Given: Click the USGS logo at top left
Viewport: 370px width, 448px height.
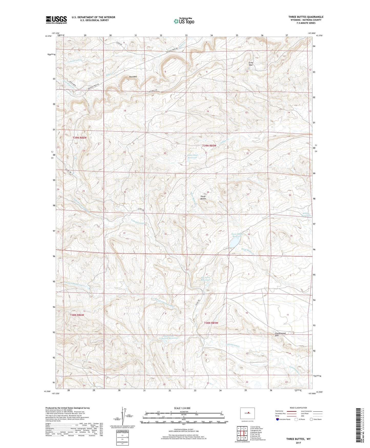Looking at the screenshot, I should [56, 20].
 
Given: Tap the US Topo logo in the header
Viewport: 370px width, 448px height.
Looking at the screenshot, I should [184, 21].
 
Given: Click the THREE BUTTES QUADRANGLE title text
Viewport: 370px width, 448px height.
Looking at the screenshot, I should [306, 17].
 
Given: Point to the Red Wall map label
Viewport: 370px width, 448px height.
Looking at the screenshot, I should [133, 77].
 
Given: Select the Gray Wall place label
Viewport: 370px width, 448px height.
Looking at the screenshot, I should [251, 64].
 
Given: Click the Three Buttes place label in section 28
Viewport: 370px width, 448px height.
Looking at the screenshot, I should [203, 198].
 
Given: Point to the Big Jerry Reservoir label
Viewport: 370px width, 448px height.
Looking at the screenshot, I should [205, 279].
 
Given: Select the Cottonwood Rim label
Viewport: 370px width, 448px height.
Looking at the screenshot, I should [280, 334].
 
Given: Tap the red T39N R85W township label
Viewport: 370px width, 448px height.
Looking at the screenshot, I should [209, 146].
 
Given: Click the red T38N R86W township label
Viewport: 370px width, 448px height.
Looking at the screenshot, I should [77, 315].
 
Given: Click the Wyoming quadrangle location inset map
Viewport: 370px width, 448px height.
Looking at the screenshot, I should [247, 413].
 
